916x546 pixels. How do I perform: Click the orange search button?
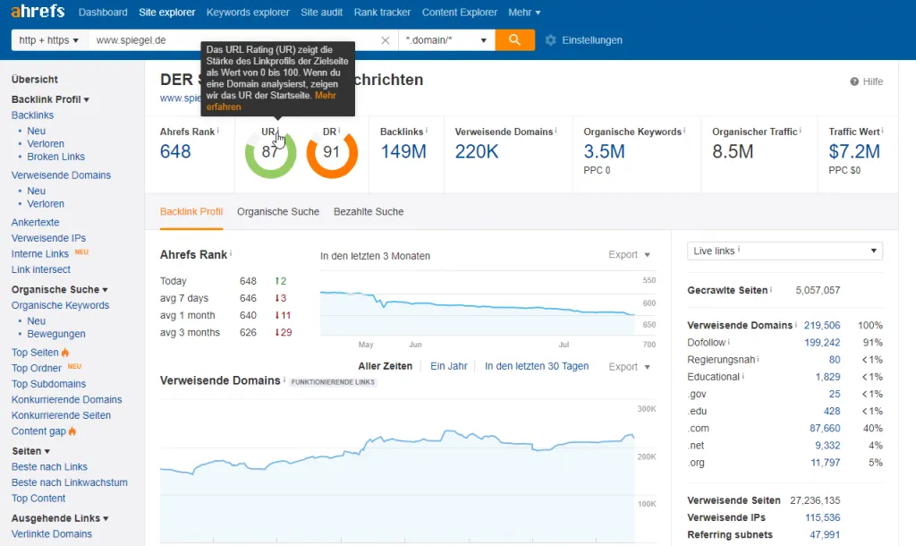click(x=514, y=39)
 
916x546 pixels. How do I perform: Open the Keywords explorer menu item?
click(x=248, y=13)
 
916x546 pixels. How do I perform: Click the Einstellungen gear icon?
click(x=550, y=40)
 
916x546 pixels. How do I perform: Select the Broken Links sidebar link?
click(x=55, y=157)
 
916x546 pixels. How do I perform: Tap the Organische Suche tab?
click(x=278, y=211)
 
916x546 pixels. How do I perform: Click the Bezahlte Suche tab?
click(x=369, y=211)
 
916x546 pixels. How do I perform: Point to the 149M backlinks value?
click(x=403, y=151)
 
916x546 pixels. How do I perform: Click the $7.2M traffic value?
click(x=854, y=151)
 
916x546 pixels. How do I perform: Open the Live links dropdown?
click(x=785, y=251)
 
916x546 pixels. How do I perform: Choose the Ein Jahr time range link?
click(x=449, y=366)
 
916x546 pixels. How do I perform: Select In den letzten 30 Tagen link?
click(x=537, y=366)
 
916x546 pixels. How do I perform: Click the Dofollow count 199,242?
click(x=822, y=343)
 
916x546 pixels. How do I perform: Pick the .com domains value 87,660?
click(x=824, y=429)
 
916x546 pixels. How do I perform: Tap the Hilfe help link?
click(x=866, y=81)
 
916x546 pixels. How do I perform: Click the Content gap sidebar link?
click(x=38, y=431)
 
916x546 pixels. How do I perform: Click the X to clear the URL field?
click(x=385, y=40)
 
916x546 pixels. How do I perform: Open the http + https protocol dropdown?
click(x=49, y=40)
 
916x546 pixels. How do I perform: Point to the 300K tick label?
click(x=647, y=409)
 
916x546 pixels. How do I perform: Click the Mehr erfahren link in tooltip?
click(x=271, y=101)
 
